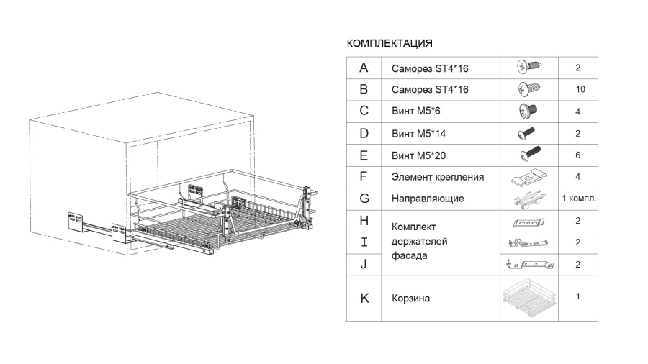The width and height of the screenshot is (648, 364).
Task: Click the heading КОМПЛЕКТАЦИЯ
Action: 390,43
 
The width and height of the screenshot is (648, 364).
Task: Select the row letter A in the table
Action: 364,68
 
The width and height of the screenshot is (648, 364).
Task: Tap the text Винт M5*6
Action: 415,111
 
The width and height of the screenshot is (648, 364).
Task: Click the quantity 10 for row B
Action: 580,89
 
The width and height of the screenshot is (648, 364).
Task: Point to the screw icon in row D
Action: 526,133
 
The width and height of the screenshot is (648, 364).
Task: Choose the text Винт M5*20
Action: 418,155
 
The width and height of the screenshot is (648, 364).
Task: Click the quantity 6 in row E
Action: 577,155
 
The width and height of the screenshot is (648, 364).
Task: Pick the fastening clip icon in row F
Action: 529,178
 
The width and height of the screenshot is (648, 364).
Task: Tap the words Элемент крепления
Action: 438,177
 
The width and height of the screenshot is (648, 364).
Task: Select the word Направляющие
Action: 428,199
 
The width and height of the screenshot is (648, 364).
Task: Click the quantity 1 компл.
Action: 579,199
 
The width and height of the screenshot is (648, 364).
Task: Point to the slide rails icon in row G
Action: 530,199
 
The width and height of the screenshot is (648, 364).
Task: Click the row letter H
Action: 364,221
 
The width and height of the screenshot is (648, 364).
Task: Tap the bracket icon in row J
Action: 530,264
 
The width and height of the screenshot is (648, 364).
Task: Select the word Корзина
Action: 410,299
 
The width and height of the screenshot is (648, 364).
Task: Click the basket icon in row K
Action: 529,298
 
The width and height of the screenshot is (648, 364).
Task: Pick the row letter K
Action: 364,298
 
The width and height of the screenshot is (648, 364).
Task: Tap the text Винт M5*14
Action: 418,134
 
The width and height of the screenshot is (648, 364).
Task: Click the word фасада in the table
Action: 409,256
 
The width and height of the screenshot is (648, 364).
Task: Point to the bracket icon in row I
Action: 528,242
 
